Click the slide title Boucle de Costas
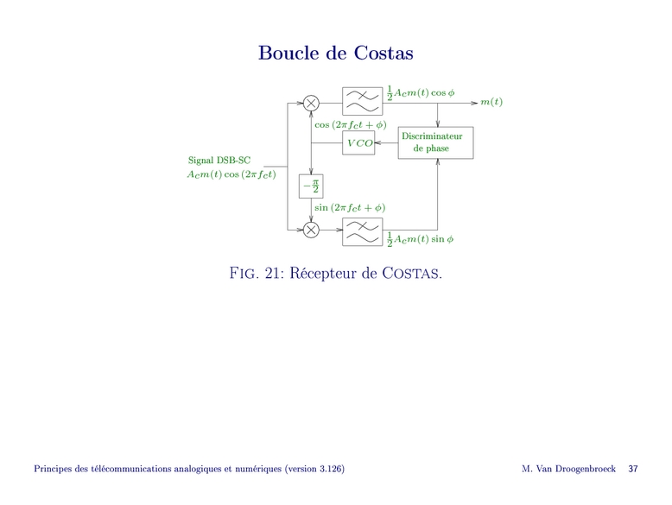(x=336, y=54)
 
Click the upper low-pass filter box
(x=363, y=102)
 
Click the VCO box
(x=358, y=142)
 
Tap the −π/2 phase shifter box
(x=310, y=186)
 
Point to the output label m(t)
(x=491, y=103)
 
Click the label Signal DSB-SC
(x=219, y=160)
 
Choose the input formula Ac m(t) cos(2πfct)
(x=231, y=174)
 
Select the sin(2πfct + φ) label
(x=350, y=207)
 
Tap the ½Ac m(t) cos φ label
(x=422, y=92)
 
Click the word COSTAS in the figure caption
(x=410, y=275)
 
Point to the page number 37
(x=633, y=469)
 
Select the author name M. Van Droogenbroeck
(x=568, y=469)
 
